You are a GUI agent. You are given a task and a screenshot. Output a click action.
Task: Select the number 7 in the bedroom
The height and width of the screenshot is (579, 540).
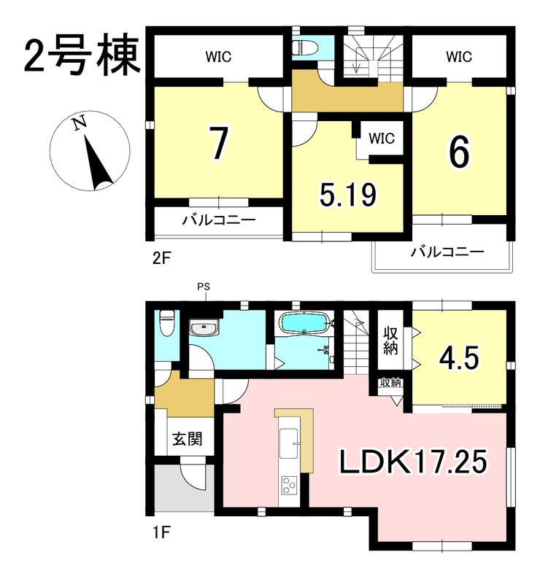click(218, 143)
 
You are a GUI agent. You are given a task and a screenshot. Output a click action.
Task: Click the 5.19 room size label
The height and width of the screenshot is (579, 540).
click(348, 195)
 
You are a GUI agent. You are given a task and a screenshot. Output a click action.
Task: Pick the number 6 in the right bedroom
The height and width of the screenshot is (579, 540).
click(460, 152)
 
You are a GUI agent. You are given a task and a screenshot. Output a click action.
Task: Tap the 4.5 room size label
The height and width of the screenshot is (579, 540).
click(459, 357)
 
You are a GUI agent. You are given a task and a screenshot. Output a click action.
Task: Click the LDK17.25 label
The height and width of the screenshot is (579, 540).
click(413, 461)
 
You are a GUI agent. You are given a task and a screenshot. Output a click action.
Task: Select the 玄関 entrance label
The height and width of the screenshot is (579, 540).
click(188, 439)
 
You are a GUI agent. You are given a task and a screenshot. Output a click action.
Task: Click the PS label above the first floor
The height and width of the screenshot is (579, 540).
click(204, 287)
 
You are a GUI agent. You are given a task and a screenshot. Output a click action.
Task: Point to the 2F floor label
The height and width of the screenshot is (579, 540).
click(161, 258)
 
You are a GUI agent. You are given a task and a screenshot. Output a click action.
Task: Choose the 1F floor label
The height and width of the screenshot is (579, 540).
click(161, 532)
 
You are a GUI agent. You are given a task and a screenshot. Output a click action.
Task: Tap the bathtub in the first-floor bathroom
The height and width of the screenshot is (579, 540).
click(304, 323)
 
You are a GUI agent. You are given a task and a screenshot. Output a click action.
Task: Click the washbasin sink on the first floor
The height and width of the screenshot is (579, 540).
click(204, 328)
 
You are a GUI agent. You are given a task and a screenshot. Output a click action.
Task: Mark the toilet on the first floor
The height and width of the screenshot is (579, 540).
click(166, 323)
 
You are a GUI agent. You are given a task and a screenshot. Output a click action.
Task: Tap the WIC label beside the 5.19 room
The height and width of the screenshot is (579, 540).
click(382, 139)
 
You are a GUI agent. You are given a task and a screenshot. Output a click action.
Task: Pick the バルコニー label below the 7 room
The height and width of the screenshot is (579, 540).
click(219, 220)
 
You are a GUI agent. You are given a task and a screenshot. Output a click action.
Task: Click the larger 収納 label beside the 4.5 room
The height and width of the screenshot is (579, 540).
click(390, 341)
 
